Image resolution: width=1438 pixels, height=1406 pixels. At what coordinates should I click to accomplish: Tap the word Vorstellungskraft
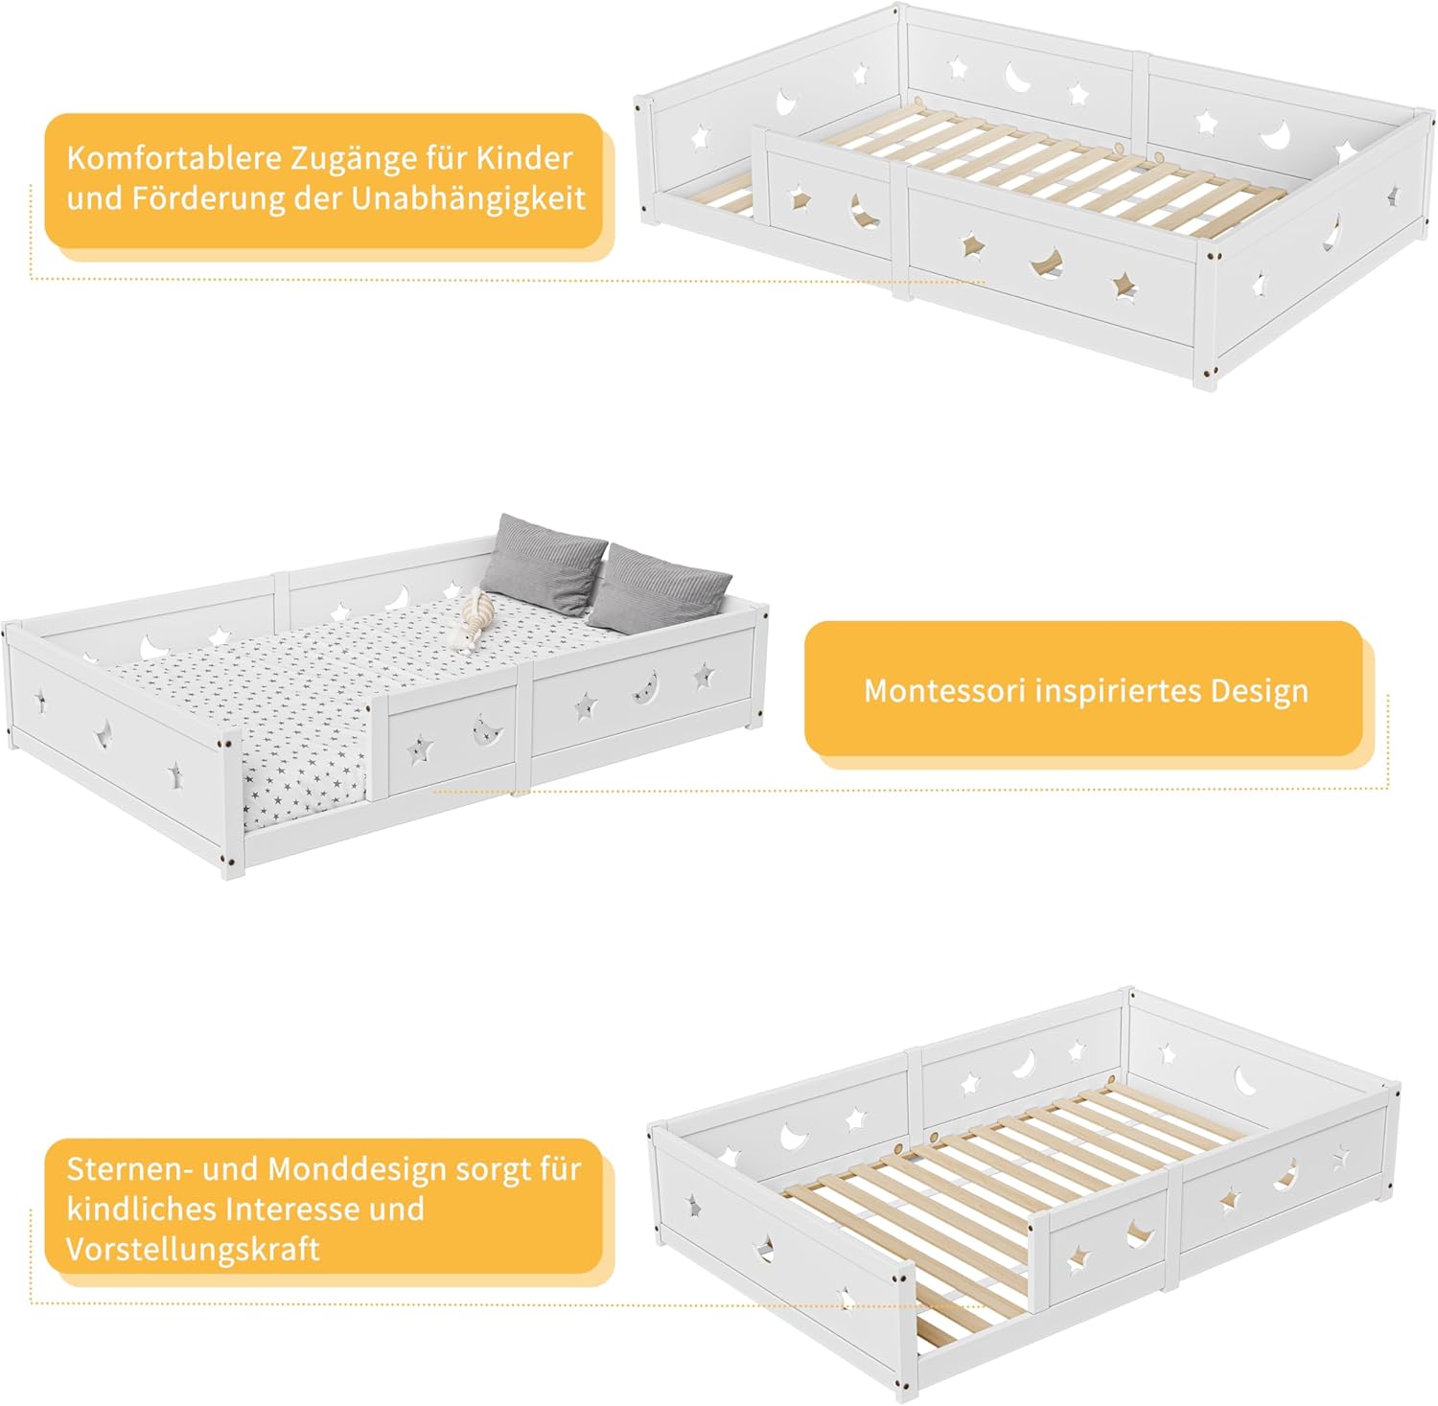point(193,1250)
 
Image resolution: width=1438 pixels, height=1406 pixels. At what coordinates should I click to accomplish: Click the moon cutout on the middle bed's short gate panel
point(488,731)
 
